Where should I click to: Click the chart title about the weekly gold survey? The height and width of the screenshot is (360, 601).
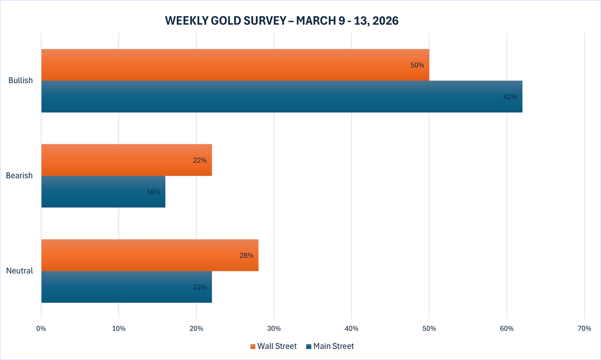click(281, 21)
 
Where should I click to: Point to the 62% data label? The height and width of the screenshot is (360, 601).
click(510, 97)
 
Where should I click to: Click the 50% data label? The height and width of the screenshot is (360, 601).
click(417, 65)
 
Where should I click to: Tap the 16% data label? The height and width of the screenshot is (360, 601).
click(153, 192)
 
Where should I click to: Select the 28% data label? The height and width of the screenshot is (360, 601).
click(246, 255)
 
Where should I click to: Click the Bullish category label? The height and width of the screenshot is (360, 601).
click(21, 81)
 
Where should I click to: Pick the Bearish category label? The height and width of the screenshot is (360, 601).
click(20, 176)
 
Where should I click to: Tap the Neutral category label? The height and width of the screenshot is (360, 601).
click(20, 271)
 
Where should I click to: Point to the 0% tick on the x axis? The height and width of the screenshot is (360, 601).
click(41, 329)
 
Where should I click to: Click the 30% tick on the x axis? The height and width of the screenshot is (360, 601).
click(274, 329)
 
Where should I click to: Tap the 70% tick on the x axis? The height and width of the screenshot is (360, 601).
click(584, 329)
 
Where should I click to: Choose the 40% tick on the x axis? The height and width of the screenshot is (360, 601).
click(352, 329)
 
